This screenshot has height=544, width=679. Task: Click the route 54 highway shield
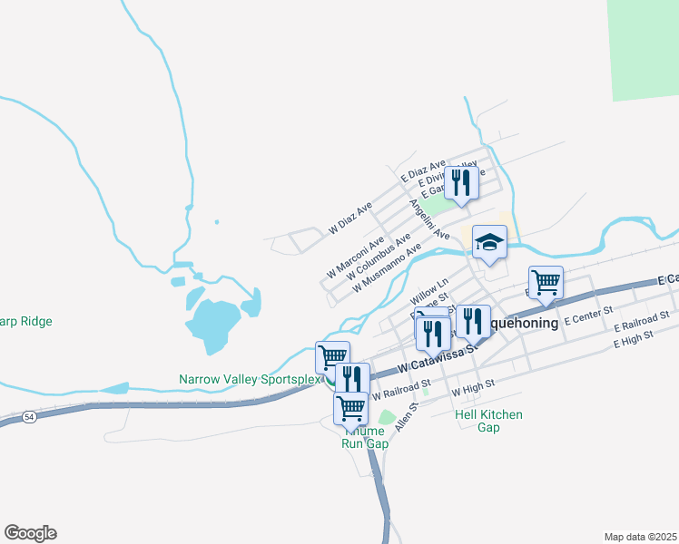31,415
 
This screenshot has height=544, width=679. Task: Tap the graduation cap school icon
489,242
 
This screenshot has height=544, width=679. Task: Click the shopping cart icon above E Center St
546,282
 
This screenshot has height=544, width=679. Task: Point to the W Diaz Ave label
350,220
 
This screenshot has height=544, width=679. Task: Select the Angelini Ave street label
428,220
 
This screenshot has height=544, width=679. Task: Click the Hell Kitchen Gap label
488,421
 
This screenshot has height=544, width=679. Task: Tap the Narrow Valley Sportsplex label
250,379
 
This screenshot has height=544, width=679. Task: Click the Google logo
30,533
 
